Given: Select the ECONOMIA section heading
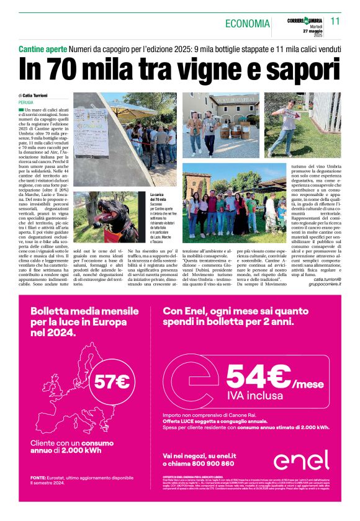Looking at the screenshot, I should click(247, 24).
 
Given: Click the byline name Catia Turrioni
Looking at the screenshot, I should click(38, 95).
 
